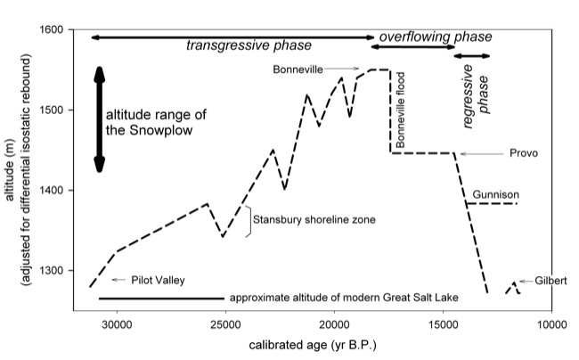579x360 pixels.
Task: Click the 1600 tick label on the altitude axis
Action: (x=65, y=29)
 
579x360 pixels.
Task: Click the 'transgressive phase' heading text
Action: (x=236, y=45)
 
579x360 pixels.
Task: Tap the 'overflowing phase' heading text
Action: (x=436, y=37)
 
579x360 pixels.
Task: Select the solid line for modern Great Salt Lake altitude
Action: (x=161, y=298)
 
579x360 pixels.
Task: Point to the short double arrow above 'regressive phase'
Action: (x=471, y=56)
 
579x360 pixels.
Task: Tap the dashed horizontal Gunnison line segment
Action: (x=492, y=204)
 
